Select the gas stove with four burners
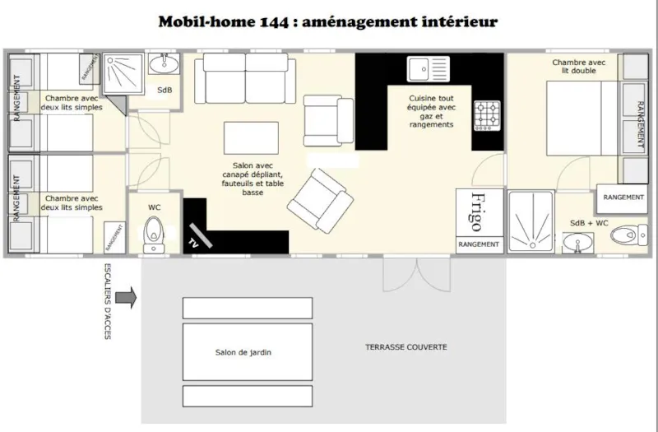pos(486,116)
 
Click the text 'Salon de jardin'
pos(243,352)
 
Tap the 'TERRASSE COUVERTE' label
pos(406,347)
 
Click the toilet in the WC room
pos(154,234)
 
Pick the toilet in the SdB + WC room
pos(629,235)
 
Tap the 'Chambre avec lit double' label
pos(574,67)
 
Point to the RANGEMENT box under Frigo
pos(479,244)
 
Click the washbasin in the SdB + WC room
pos(581,243)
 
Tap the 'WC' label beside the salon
pos(154,207)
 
